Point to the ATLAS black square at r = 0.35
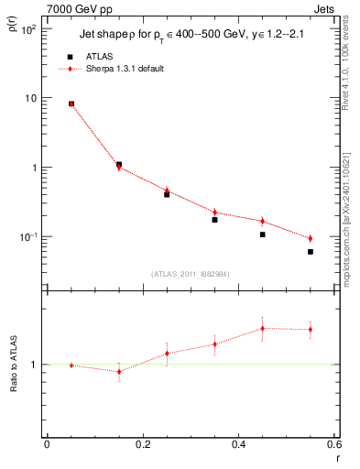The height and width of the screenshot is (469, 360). [x=214, y=220]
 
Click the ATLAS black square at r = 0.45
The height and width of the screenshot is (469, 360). [x=263, y=234]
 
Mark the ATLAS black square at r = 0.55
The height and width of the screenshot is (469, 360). [x=311, y=252]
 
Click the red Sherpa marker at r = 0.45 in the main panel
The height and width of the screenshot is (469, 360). [x=263, y=221]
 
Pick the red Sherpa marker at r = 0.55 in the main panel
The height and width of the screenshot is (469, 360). [x=311, y=239]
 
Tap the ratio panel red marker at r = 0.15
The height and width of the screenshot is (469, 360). [x=119, y=371]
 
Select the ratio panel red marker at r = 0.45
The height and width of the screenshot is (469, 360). [x=263, y=328]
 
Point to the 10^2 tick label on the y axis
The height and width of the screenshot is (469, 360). [x=27, y=29]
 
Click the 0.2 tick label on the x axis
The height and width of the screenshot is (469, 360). [x=142, y=445]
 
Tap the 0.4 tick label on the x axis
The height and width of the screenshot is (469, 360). [x=238, y=445]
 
